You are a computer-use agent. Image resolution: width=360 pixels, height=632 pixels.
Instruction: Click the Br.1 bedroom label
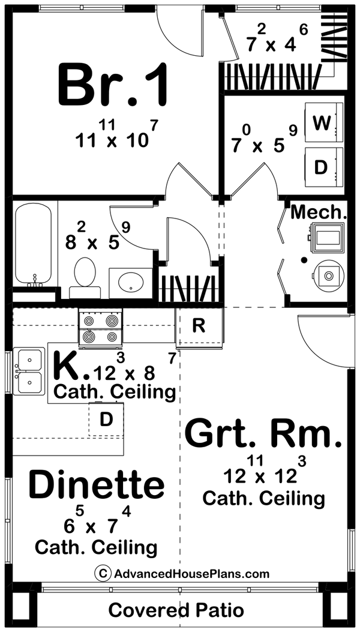pyautogui.click(x=112, y=84)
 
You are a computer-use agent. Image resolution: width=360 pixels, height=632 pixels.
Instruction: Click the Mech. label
pyautogui.click(x=319, y=212)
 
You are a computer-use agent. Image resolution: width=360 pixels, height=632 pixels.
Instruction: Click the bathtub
pyautogui.click(x=34, y=244)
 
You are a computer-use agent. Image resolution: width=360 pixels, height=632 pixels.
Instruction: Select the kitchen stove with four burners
pyautogui.click(x=100, y=328)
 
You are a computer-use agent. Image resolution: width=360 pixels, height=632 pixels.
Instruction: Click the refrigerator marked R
pyautogui.click(x=199, y=326)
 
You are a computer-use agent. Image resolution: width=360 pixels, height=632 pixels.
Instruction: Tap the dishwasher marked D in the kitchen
pyautogui.click(x=106, y=420)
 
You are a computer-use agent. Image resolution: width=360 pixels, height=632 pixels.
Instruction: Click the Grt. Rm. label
pyautogui.click(x=263, y=435)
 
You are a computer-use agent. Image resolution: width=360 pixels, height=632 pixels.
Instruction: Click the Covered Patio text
pyautogui.click(x=176, y=610)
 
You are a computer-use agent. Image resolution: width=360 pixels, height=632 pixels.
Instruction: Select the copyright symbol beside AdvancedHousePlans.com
pyautogui.click(x=103, y=573)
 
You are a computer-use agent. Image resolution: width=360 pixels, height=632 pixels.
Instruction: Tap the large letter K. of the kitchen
pyautogui.click(x=70, y=366)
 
